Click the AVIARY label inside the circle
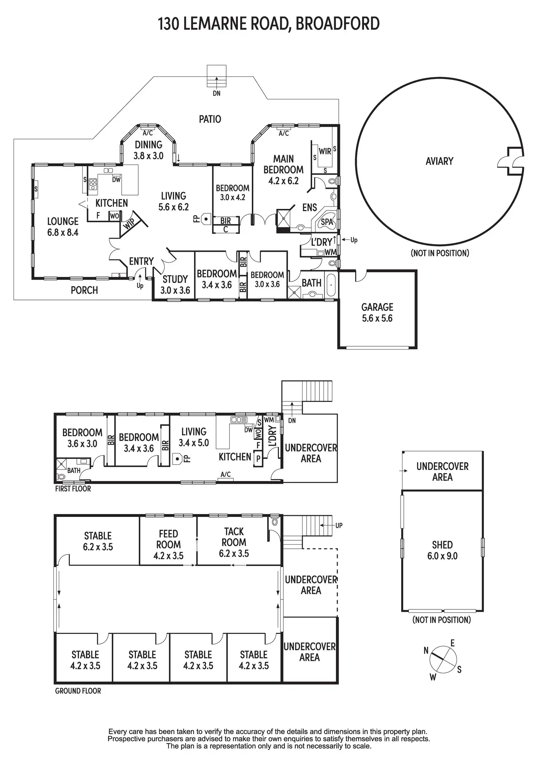pos(439,161)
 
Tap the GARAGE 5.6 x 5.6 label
pos(377,313)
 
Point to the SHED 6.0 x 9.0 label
pos(442,551)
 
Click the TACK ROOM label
pos(234,542)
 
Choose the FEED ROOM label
pos(168,545)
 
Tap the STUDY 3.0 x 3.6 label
pos(175,285)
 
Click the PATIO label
pos(210,119)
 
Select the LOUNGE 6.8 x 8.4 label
pos(63,227)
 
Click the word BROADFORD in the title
pos(337,24)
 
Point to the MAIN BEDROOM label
pos(284,170)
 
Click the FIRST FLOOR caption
pos(73,489)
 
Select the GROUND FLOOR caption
pos(78,691)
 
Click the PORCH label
pos(84,290)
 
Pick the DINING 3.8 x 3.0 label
pos(148,150)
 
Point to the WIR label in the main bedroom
pos(325,151)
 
